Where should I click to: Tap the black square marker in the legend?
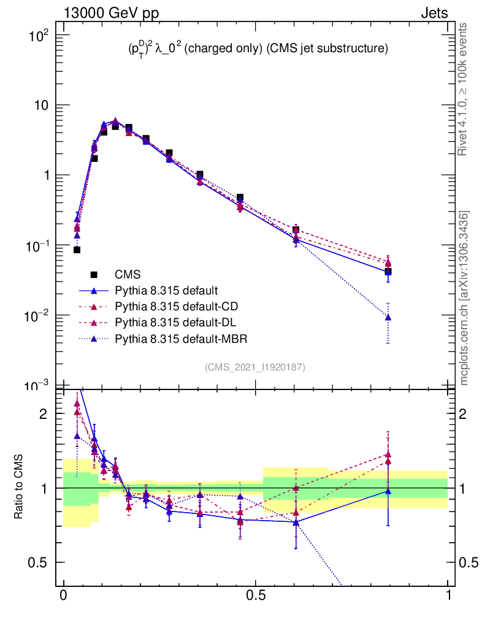point(94,274)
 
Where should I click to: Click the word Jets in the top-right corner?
point(434,13)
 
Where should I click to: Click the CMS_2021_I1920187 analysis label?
point(255,367)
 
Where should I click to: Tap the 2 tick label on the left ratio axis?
point(44,413)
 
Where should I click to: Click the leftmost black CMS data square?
point(77,250)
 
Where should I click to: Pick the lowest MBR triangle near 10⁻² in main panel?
point(388,318)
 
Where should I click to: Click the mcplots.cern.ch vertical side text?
point(465,298)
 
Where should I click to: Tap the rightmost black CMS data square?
point(388,271)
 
